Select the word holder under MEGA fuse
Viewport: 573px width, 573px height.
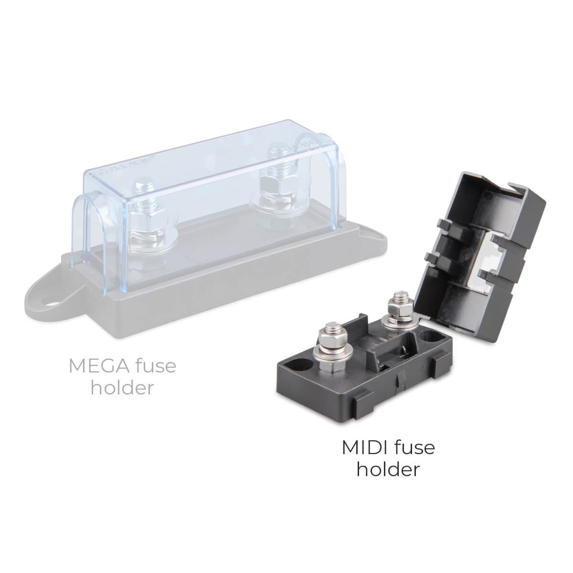click(123, 387)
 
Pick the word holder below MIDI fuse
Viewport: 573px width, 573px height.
click(388, 469)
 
